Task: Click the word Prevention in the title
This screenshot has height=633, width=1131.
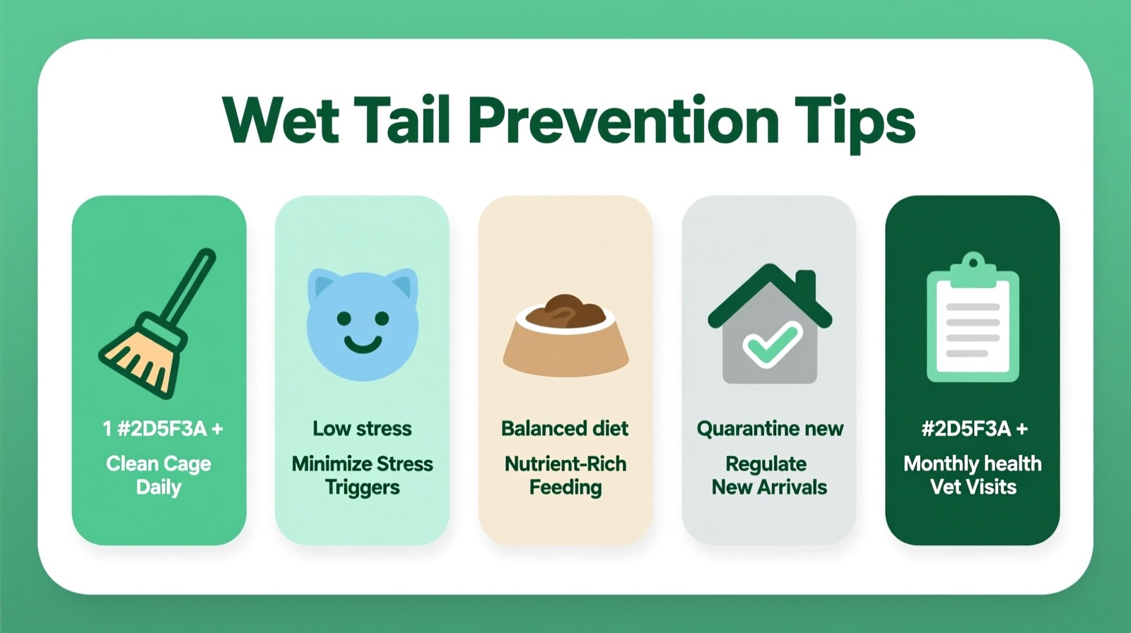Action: coord(623,121)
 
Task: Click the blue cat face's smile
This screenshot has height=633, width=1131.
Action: coord(363,344)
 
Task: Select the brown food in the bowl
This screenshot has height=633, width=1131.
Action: coord(565,312)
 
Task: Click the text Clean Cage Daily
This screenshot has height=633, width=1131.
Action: coord(159,475)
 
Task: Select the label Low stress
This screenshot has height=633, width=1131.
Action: coord(362,429)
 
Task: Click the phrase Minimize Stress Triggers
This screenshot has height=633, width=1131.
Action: coord(362,475)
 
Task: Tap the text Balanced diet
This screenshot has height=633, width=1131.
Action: coord(565,429)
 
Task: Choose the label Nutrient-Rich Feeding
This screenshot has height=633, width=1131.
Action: coord(565,475)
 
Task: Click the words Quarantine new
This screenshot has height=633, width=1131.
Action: coord(770,429)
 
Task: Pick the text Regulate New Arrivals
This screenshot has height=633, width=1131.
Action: coord(769,475)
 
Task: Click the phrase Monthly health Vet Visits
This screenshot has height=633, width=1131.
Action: coord(973,475)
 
